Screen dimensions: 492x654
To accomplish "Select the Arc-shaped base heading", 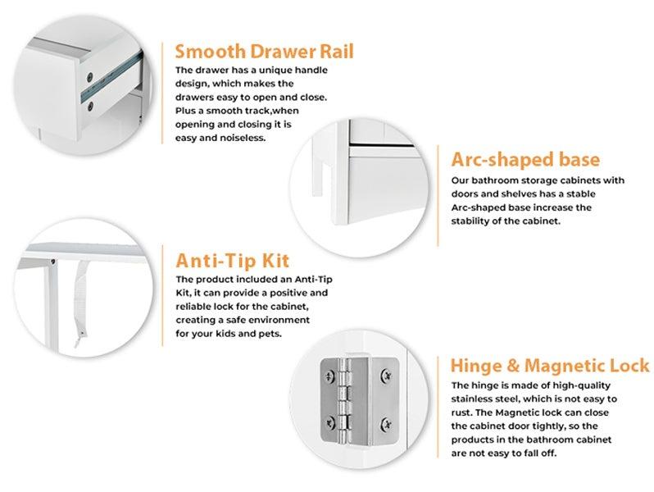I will [525, 159].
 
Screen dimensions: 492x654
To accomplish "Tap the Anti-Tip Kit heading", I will [233, 262].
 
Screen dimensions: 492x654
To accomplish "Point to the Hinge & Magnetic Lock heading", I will [550, 365].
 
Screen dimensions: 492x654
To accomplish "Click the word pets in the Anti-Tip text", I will [271, 333].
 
